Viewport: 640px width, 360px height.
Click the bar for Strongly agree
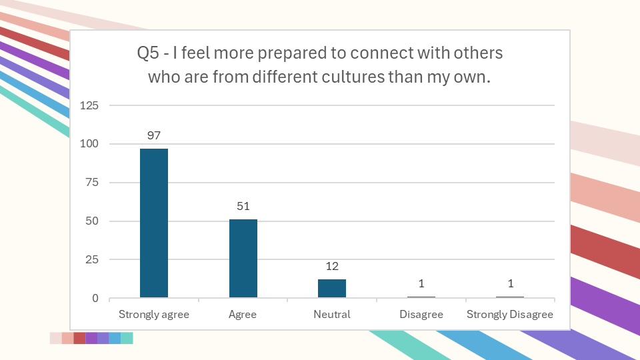[154, 223]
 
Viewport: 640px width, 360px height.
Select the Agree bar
[243, 259]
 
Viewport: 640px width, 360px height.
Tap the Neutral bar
[332, 288]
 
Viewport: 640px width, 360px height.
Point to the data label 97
[154, 135]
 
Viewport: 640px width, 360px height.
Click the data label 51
[243, 207]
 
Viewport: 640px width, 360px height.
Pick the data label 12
[332, 266]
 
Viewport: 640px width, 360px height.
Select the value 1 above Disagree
[421, 283]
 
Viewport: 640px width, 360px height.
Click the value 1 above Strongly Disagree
[510, 283]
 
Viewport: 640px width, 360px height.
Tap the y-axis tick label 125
[89, 105]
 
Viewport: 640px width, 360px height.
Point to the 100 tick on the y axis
[89, 144]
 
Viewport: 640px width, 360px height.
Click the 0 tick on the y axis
[95, 298]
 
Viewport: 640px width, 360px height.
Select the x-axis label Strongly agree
[154, 315]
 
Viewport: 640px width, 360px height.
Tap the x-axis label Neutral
[332, 315]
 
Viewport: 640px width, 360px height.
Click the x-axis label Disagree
[421, 315]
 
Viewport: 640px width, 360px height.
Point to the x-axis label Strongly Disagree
[510, 315]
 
